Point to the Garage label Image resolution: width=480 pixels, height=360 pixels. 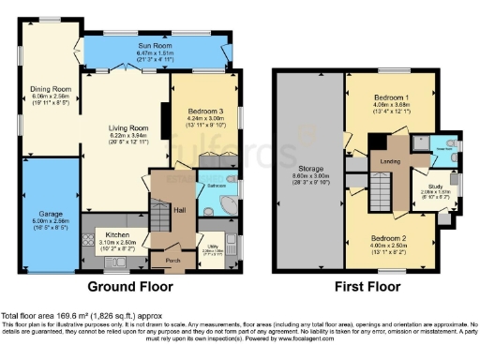50,215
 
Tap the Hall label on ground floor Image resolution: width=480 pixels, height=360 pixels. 178,210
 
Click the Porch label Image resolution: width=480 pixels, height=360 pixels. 172,261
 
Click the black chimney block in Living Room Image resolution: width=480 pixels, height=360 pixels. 165,116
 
